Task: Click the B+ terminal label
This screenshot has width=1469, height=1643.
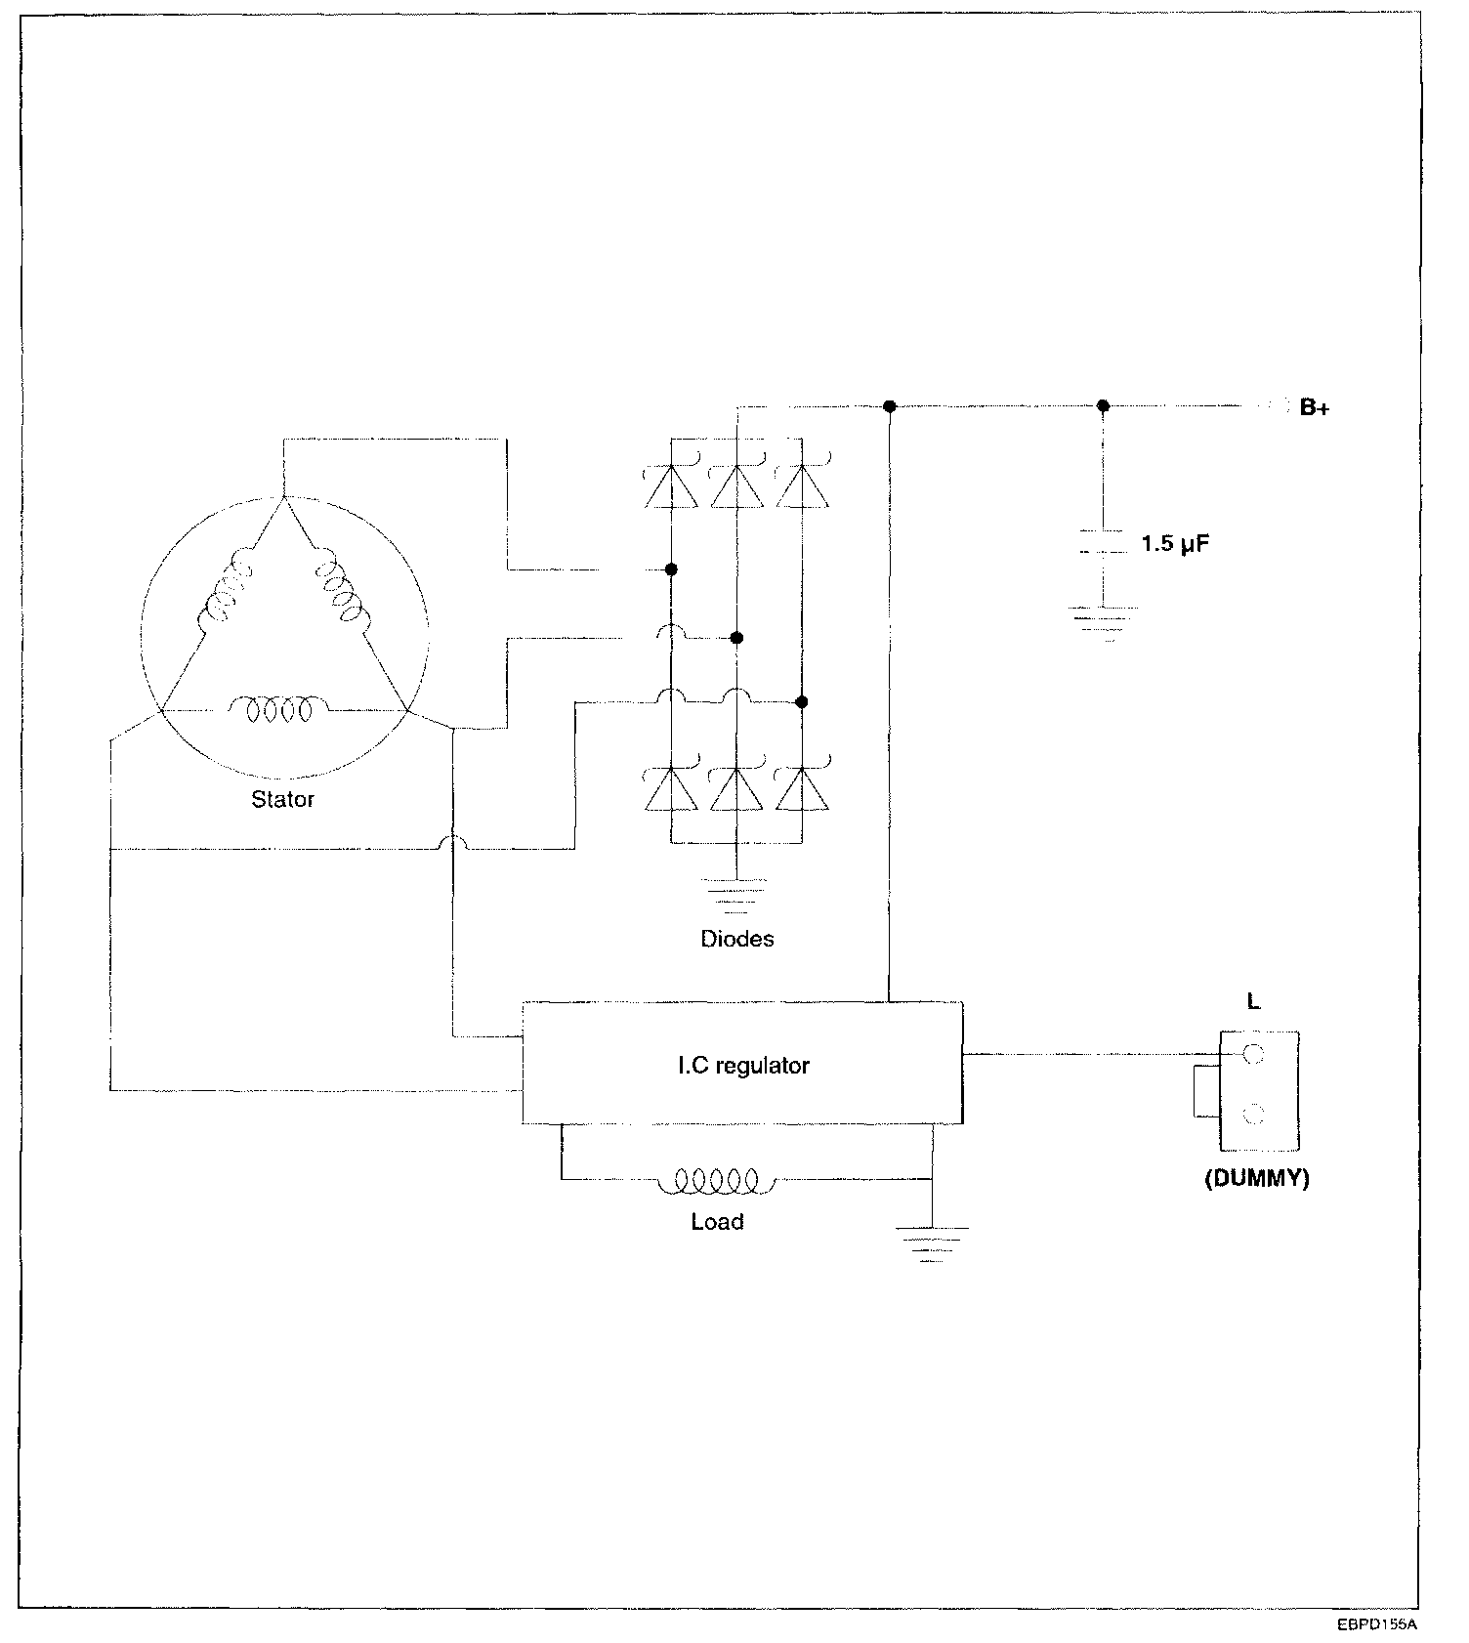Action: [x=1314, y=408]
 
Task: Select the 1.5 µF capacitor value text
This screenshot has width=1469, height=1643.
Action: [x=1175, y=544]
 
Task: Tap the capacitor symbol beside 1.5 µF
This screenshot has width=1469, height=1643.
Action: [x=1103, y=543]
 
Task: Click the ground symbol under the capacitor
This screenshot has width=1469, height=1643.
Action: [x=1104, y=622]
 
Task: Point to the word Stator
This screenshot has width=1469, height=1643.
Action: [x=282, y=800]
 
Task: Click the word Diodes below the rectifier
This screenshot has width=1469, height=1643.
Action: [x=737, y=940]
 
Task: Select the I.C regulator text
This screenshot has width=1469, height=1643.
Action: [x=743, y=1066]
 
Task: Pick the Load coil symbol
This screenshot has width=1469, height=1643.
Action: [x=708, y=1182]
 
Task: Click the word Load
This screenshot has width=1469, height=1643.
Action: [x=717, y=1222]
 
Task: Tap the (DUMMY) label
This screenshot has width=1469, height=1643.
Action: [x=1256, y=1179]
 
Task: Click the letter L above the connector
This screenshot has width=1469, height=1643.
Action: [x=1254, y=1002]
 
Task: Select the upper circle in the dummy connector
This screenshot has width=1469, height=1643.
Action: [x=1254, y=1054]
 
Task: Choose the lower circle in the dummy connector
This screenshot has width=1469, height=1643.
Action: [x=1254, y=1115]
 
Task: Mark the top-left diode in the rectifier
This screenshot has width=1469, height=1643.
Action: [x=671, y=485]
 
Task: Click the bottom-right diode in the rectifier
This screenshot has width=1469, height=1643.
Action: [x=802, y=789]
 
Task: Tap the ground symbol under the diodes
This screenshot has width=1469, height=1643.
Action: [x=736, y=891]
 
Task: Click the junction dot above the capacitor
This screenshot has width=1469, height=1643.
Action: [x=1103, y=405]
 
